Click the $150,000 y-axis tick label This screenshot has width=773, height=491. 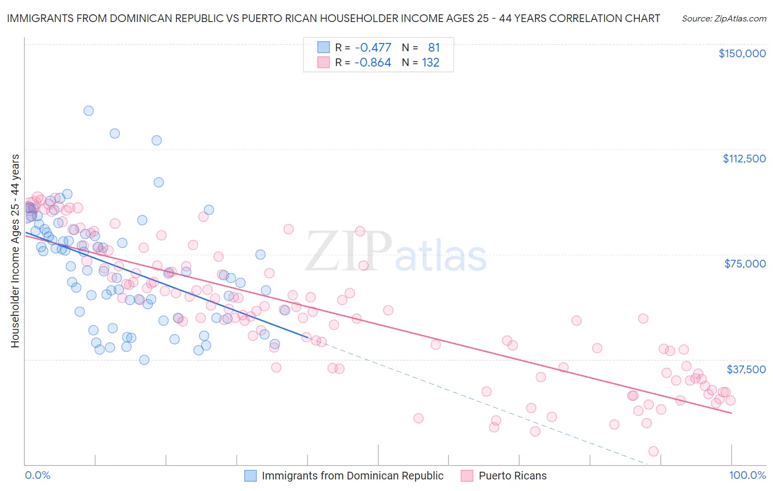pyautogui.click(x=742, y=53)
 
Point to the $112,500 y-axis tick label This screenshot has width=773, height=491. pyautogui.click(x=744, y=159)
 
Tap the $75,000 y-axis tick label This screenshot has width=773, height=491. pyautogui.click(x=745, y=264)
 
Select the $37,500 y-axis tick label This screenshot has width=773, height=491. pyautogui.click(x=746, y=369)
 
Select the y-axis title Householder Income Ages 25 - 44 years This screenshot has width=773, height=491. pyautogui.click(x=15, y=251)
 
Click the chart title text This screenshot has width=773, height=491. pyautogui.click(x=333, y=18)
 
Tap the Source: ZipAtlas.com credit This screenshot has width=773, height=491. pyautogui.click(x=724, y=19)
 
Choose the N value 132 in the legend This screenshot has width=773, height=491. pyautogui.click(x=430, y=63)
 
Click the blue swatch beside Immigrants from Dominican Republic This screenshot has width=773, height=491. pyautogui.click(x=251, y=476)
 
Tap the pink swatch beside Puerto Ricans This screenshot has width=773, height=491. pyautogui.click(x=467, y=476)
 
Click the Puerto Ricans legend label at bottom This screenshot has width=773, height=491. pyautogui.click(x=512, y=476)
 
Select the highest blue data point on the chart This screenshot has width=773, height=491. pyautogui.click(x=88, y=111)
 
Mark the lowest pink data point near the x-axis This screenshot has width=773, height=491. pyautogui.click(x=653, y=451)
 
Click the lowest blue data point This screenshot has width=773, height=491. pyautogui.click(x=144, y=360)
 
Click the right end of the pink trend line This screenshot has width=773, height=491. pyautogui.click(x=732, y=413)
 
